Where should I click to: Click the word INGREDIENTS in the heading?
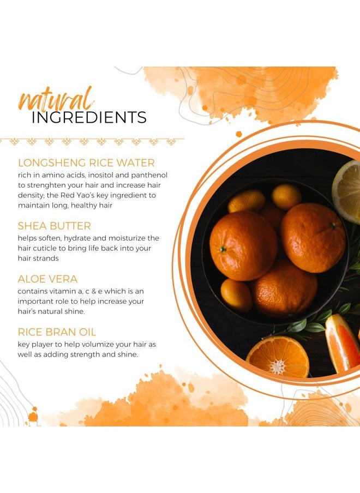pos(89,117)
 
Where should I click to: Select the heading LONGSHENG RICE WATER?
pos(87,163)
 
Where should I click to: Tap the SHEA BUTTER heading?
pos(55,226)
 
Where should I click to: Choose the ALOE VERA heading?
pos(47,279)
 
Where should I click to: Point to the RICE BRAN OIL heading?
pos(57,332)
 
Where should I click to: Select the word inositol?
pos(100,175)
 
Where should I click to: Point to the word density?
pos(31,196)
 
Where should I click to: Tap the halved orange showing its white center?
pos(278,357)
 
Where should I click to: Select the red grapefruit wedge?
pos(342,344)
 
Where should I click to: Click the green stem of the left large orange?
pos(223,249)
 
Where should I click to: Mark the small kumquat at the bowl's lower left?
pos(236,295)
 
